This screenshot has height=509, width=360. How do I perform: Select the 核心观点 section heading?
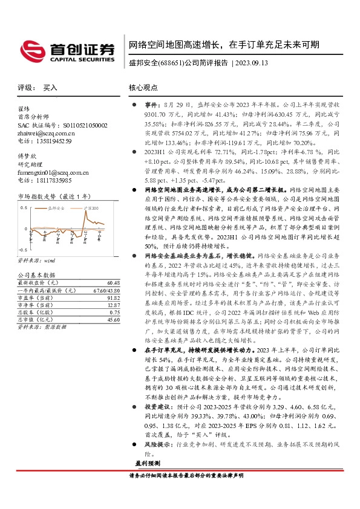pyautogui.click(x=143, y=88)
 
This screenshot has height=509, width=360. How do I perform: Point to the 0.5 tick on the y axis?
pyautogui.click(x=24, y=208)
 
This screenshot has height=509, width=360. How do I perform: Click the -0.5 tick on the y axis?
pyautogui.click(x=22, y=249)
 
